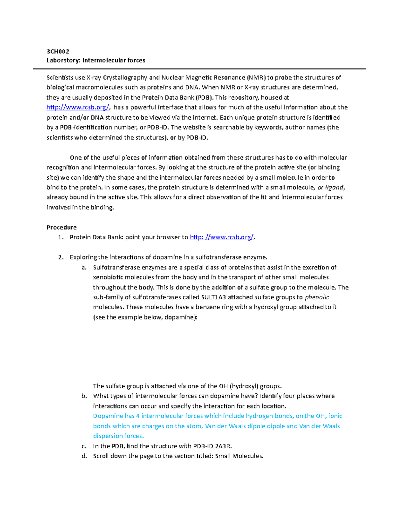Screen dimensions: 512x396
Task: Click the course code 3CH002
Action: tap(58, 51)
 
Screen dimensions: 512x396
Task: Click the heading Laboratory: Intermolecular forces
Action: tap(96, 60)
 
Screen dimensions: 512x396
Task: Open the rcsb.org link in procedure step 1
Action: tap(222, 237)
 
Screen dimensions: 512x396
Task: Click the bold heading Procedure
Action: tap(61, 227)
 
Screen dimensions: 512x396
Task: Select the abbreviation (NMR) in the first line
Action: tap(256, 78)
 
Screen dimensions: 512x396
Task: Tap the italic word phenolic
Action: tap(317, 297)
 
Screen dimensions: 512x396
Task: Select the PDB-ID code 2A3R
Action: tap(223, 446)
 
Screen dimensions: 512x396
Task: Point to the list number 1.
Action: tap(60, 237)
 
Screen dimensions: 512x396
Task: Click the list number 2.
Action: tap(60, 257)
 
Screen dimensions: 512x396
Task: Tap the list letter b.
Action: tap(84, 396)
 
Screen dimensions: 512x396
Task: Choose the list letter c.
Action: tap(84, 446)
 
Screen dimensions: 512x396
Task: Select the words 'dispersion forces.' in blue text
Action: tap(118, 436)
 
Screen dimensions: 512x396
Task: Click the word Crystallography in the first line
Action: tap(125, 78)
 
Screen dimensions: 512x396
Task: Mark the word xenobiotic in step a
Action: tap(108, 277)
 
